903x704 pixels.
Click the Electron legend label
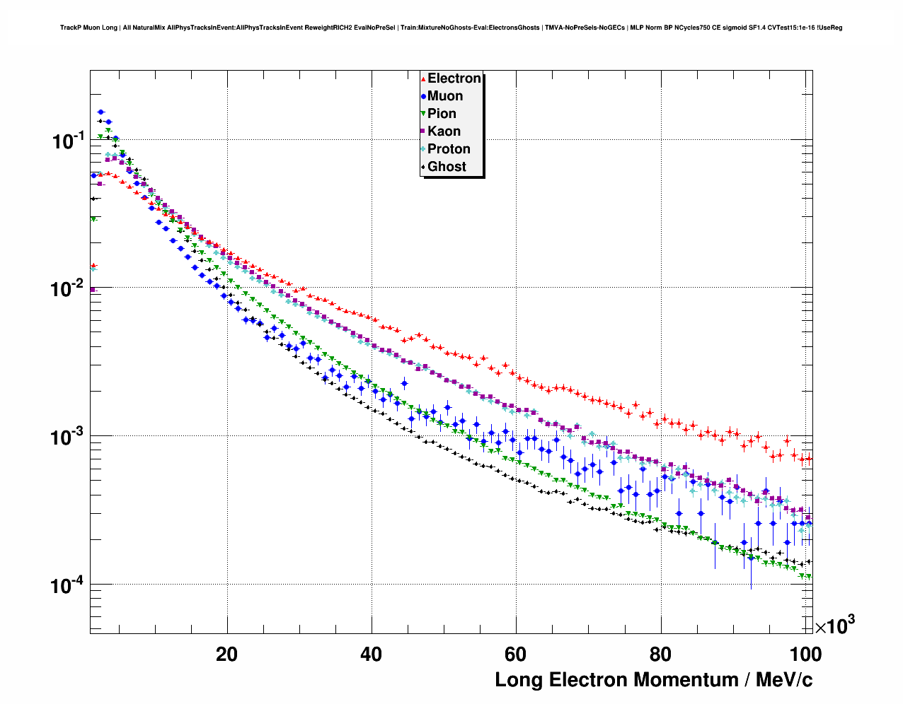(454, 78)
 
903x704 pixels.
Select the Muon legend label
(445, 96)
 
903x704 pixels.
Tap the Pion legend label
(442, 114)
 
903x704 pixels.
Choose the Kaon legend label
(444, 131)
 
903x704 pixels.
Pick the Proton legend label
(449, 149)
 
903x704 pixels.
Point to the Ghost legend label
(447, 167)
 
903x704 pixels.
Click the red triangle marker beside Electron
(423, 78)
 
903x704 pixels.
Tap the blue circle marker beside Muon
(423, 96)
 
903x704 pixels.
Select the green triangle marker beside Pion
(423, 114)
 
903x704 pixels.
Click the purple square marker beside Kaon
(423, 131)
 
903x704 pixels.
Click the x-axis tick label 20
(226, 655)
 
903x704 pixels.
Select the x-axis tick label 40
(371, 655)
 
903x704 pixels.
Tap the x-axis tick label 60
(515, 655)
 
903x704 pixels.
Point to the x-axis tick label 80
(660, 655)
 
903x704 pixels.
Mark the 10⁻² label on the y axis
(68, 288)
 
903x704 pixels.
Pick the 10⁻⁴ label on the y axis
(68, 585)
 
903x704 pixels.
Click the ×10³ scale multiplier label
(835, 625)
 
